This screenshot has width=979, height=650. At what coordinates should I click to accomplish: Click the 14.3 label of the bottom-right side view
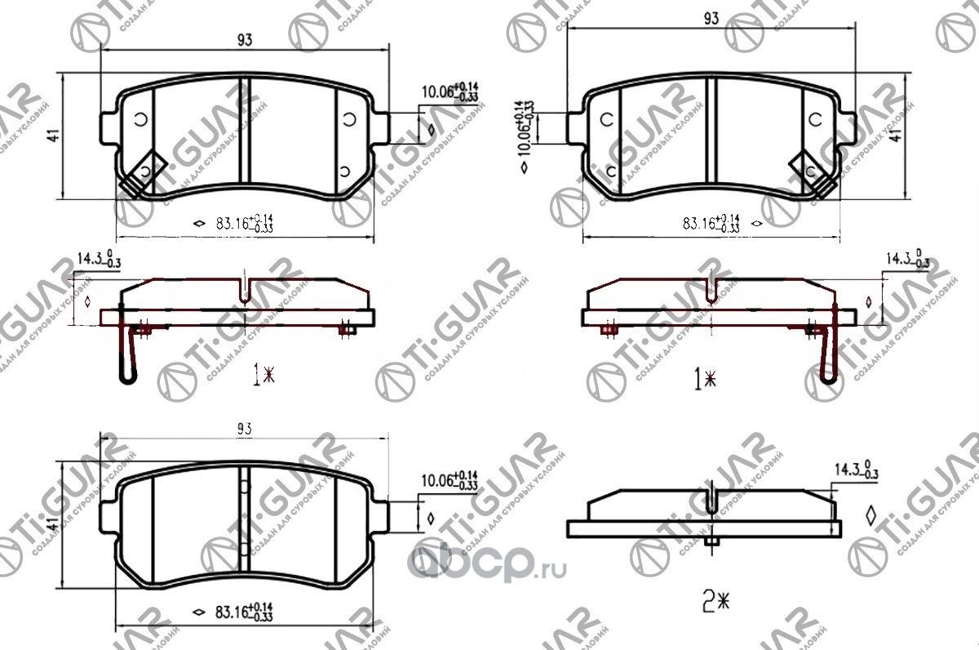pos(857,471)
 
